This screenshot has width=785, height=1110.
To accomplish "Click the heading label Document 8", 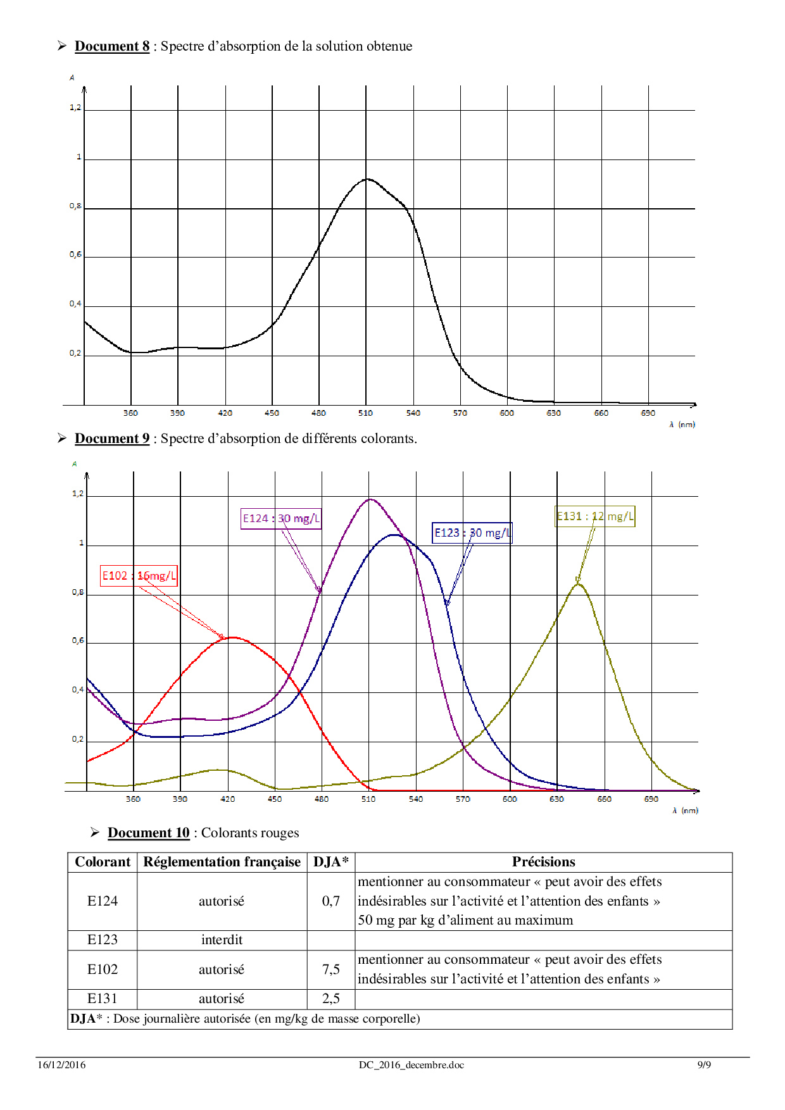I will point(112,46).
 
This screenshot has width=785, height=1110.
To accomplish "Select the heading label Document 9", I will point(112,439).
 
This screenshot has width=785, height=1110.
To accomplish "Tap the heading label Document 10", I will point(148,833).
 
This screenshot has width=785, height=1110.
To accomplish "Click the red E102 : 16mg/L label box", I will point(139,576).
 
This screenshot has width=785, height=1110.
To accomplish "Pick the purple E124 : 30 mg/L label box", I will point(281,519).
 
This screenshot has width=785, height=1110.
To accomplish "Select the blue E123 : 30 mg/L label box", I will point(472,533).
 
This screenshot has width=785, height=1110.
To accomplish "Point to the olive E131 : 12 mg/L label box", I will point(594,516).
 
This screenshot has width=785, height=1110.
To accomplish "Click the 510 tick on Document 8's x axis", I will point(365,413).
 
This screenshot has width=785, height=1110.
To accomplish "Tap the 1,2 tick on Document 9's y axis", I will point(78,494).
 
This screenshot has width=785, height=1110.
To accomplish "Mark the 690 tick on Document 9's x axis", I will point(651,799).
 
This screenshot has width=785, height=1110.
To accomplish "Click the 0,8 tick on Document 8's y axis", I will point(75,206).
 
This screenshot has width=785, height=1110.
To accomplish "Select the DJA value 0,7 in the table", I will point(330,901).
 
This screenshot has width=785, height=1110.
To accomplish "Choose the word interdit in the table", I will point(222,940).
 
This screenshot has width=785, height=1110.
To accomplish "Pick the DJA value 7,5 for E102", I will point(330,970).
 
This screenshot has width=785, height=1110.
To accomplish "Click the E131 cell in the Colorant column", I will point(102,999).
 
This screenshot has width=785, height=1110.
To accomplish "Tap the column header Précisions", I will point(543,862).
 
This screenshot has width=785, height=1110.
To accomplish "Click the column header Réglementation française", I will point(222,862).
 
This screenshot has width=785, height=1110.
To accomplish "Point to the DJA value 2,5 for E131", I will point(330,999).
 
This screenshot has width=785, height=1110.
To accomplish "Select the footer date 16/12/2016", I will point(61,1065).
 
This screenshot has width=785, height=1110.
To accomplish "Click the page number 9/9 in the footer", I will point(704,1065).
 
